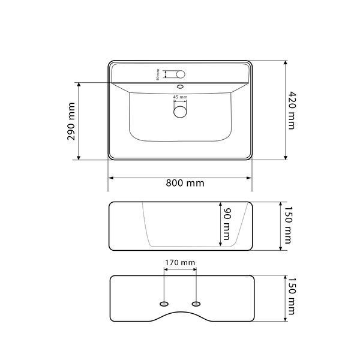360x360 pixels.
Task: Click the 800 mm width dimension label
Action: [x=185, y=183]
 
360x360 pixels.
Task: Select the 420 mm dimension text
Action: [x=292, y=110]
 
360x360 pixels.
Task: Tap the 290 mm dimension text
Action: [x=71, y=121]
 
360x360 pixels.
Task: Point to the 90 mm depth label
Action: [x=227, y=224]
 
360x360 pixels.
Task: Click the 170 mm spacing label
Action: [x=180, y=262]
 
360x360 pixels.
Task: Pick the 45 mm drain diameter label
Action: [x=180, y=97]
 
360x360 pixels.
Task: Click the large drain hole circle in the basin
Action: [x=180, y=112]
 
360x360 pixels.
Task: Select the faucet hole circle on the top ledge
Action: [x=181, y=74]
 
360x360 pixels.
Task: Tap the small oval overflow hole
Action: [x=181, y=87]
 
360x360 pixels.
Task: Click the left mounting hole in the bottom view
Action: [x=164, y=304]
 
